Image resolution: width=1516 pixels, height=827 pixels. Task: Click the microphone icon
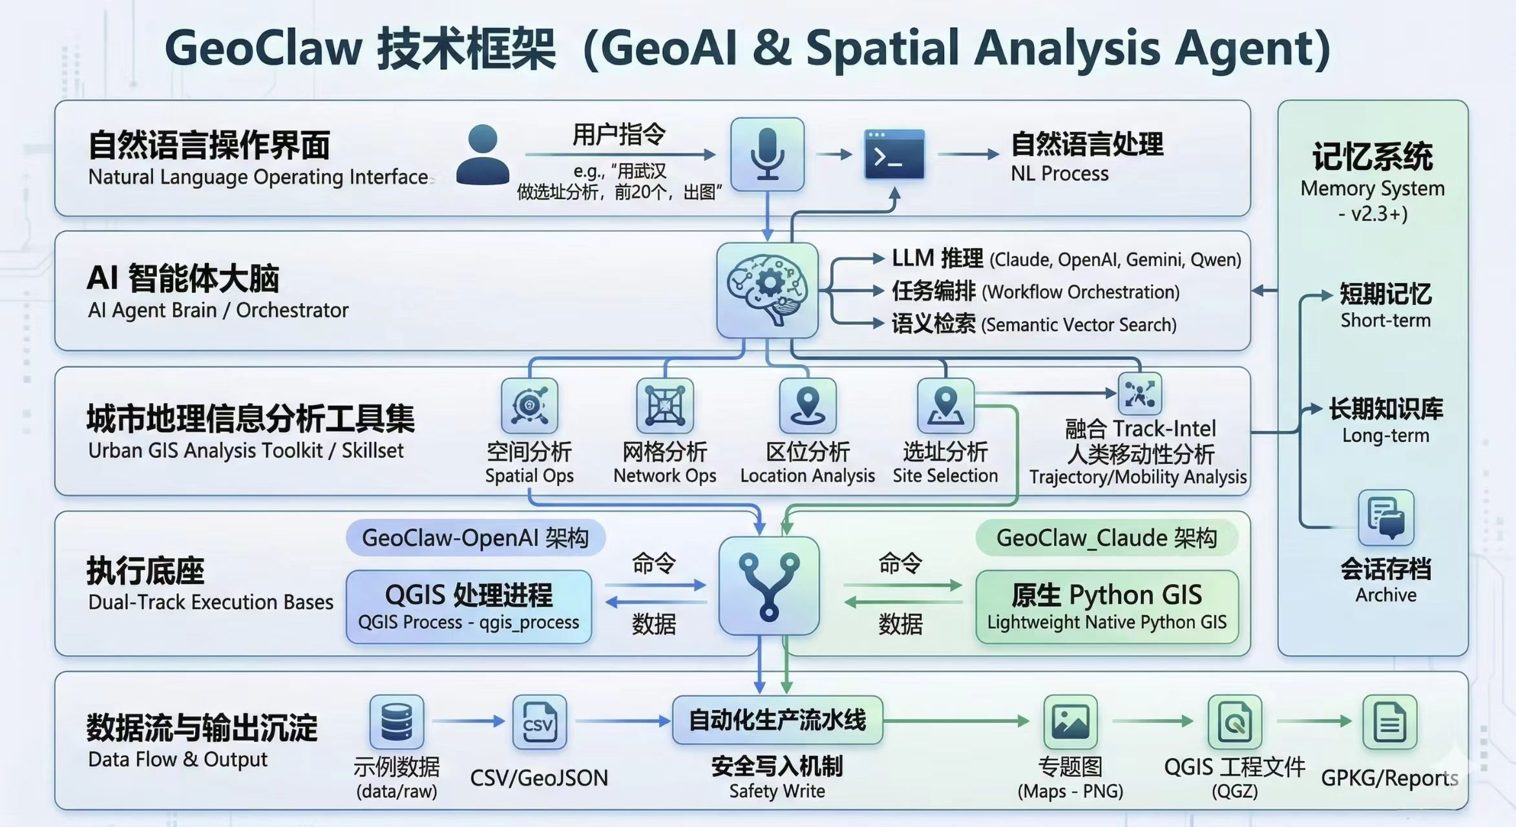[x=767, y=154]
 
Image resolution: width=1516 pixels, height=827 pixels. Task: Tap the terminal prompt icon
[x=894, y=154]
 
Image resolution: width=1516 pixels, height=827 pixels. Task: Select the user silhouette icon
[x=482, y=155]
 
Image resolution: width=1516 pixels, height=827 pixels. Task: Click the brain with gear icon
[x=767, y=290]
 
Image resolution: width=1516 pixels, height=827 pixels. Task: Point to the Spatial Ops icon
[x=529, y=406]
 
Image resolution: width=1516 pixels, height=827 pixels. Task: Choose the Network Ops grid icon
[x=664, y=406]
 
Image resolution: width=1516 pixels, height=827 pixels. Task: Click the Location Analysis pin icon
[x=808, y=406]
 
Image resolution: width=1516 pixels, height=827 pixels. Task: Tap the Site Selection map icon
[x=945, y=406]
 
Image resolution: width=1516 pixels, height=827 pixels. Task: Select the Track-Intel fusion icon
[x=1140, y=393]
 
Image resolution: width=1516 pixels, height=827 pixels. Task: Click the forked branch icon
[x=769, y=586]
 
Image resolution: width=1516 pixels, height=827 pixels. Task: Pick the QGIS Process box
[x=468, y=607]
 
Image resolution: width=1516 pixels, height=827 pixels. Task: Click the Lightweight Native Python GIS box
[x=1106, y=607]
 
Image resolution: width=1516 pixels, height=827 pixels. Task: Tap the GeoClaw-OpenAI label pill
[x=475, y=538]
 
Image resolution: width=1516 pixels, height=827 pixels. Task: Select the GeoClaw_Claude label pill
[x=1106, y=538]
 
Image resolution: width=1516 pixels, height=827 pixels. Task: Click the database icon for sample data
[x=397, y=722]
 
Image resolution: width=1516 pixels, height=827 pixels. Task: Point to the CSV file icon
[x=539, y=722]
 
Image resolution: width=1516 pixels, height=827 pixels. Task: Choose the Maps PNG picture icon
[x=1070, y=722]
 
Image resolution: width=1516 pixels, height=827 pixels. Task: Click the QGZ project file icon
[x=1234, y=722]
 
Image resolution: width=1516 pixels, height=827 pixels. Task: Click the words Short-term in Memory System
[x=1385, y=320]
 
